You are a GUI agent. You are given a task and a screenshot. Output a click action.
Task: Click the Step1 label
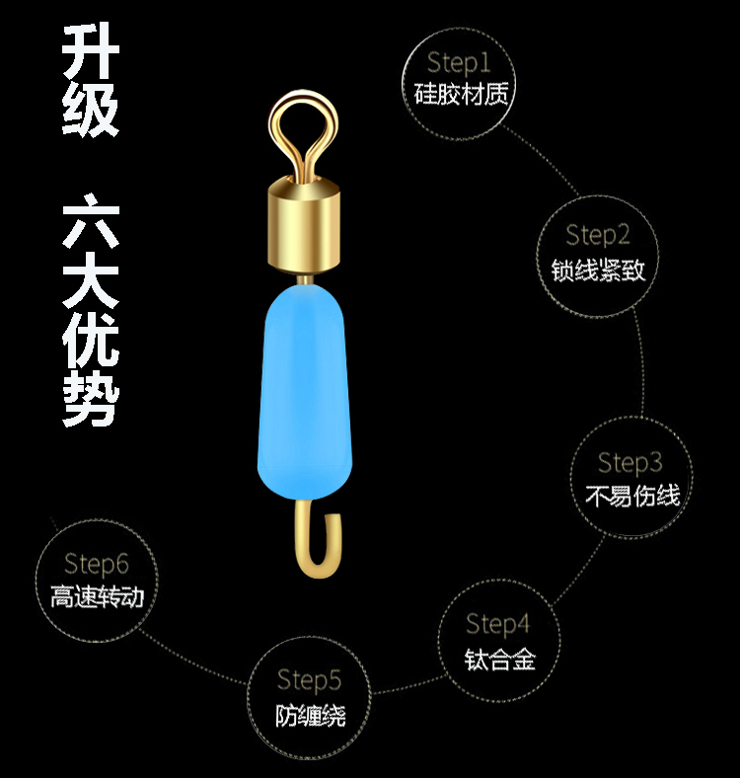(x=459, y=63)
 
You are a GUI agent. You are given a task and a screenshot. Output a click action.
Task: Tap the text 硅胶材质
(x=460, y=95)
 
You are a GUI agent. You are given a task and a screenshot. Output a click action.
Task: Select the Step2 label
(x=598, y=235)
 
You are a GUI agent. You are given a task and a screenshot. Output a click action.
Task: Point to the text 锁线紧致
(x=598, y=268)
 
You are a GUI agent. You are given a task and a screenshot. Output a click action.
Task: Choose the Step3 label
(x=630, y=462)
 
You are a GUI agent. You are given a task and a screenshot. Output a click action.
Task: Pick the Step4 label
(x=498, y=624)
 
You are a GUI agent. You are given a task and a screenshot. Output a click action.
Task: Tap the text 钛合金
(x=499, y=658)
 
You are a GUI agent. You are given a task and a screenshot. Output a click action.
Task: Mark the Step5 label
(x=310, y=680)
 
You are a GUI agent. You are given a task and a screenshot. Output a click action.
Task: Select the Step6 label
(x=97, y=564)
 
